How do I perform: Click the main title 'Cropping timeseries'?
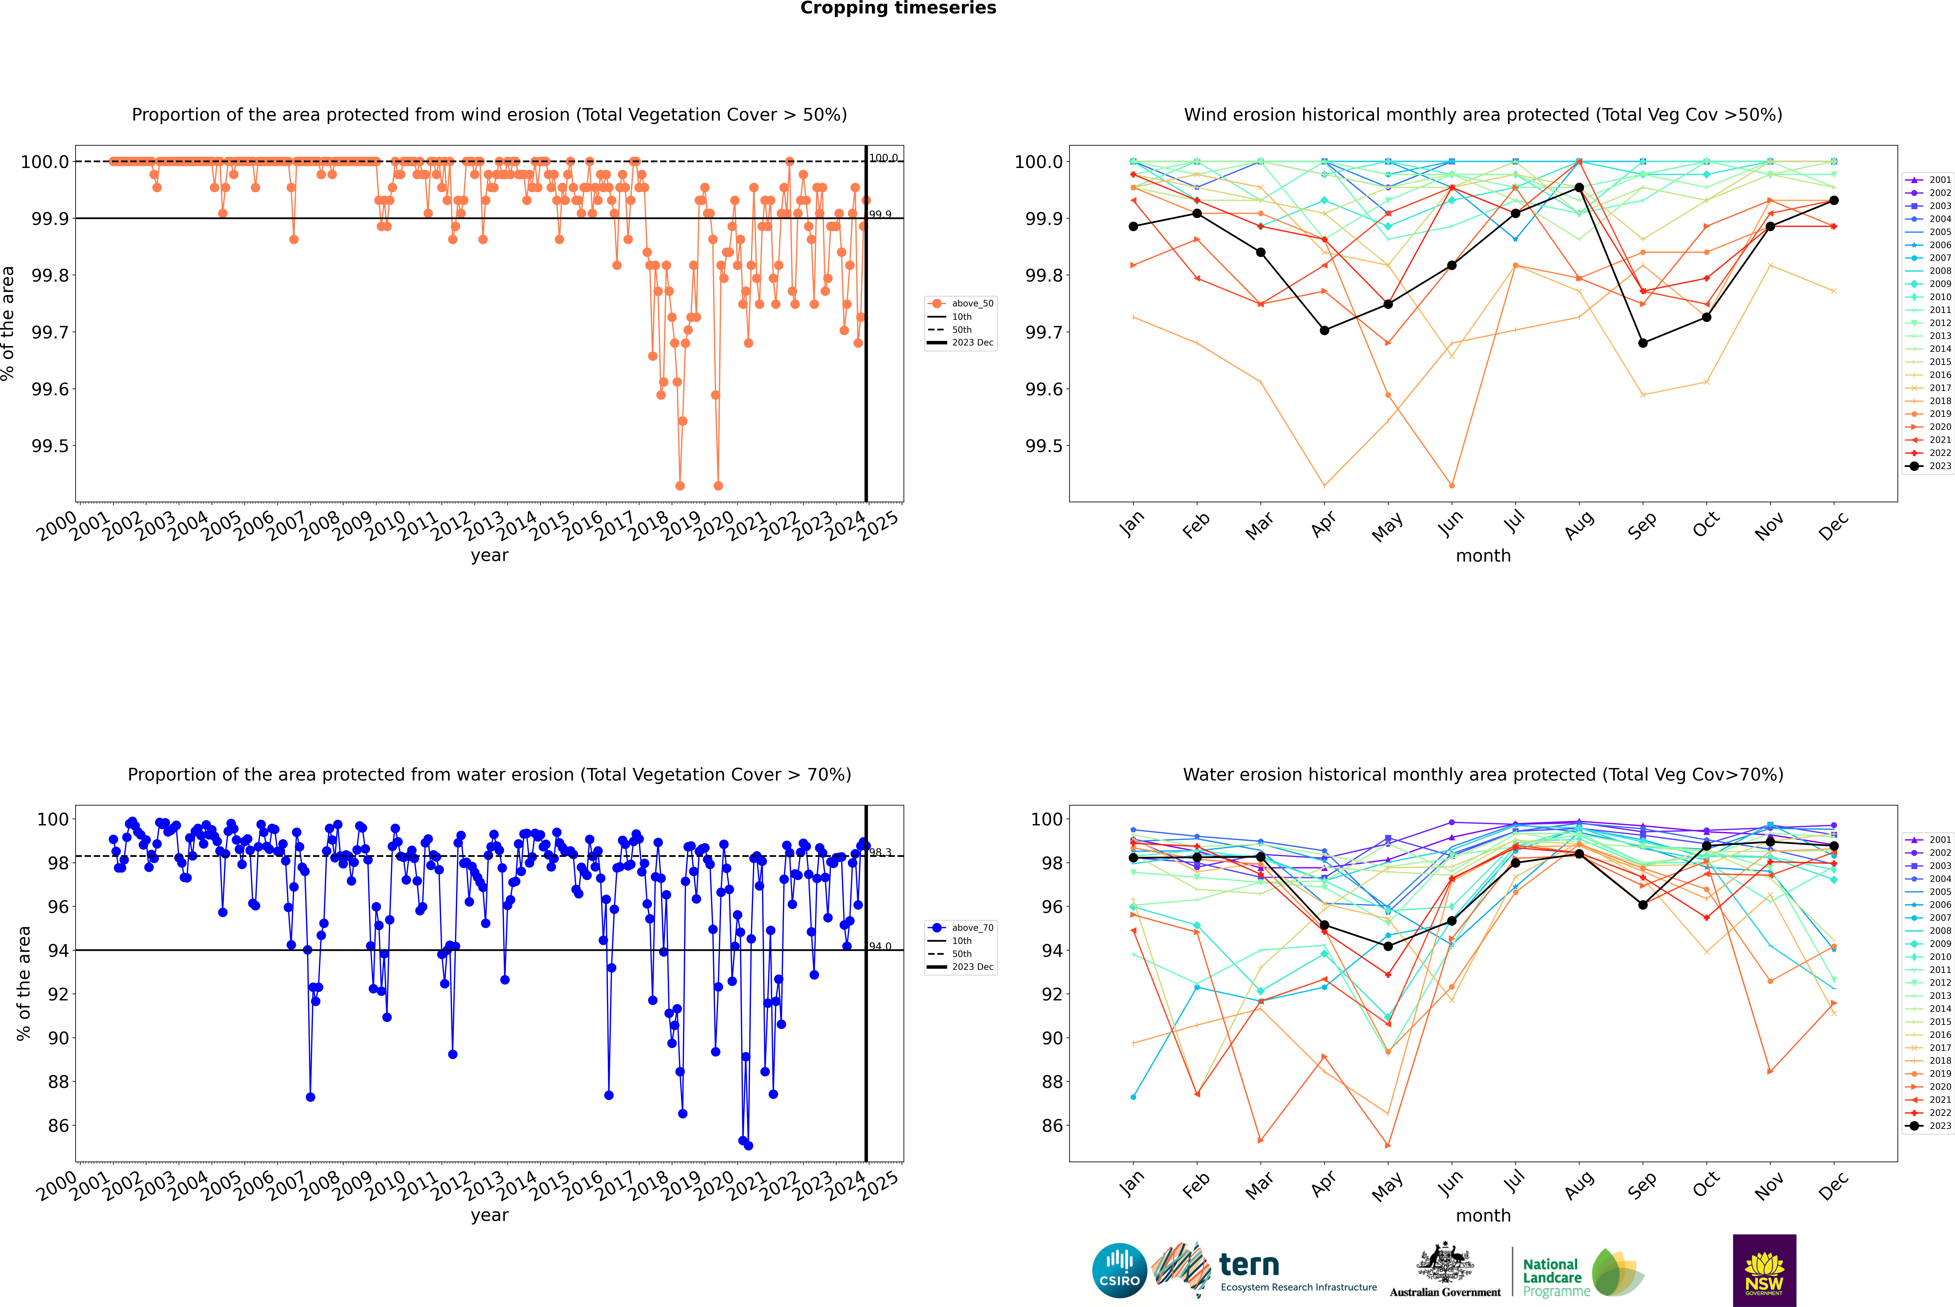point(898,8)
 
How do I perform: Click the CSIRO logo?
point(1119,1270)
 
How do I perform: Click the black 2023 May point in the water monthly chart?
point(1388,946)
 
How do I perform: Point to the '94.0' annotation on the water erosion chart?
point(880,946)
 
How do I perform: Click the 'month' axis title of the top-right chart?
point(1482,556)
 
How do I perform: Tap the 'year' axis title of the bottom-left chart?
point(489,1215)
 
